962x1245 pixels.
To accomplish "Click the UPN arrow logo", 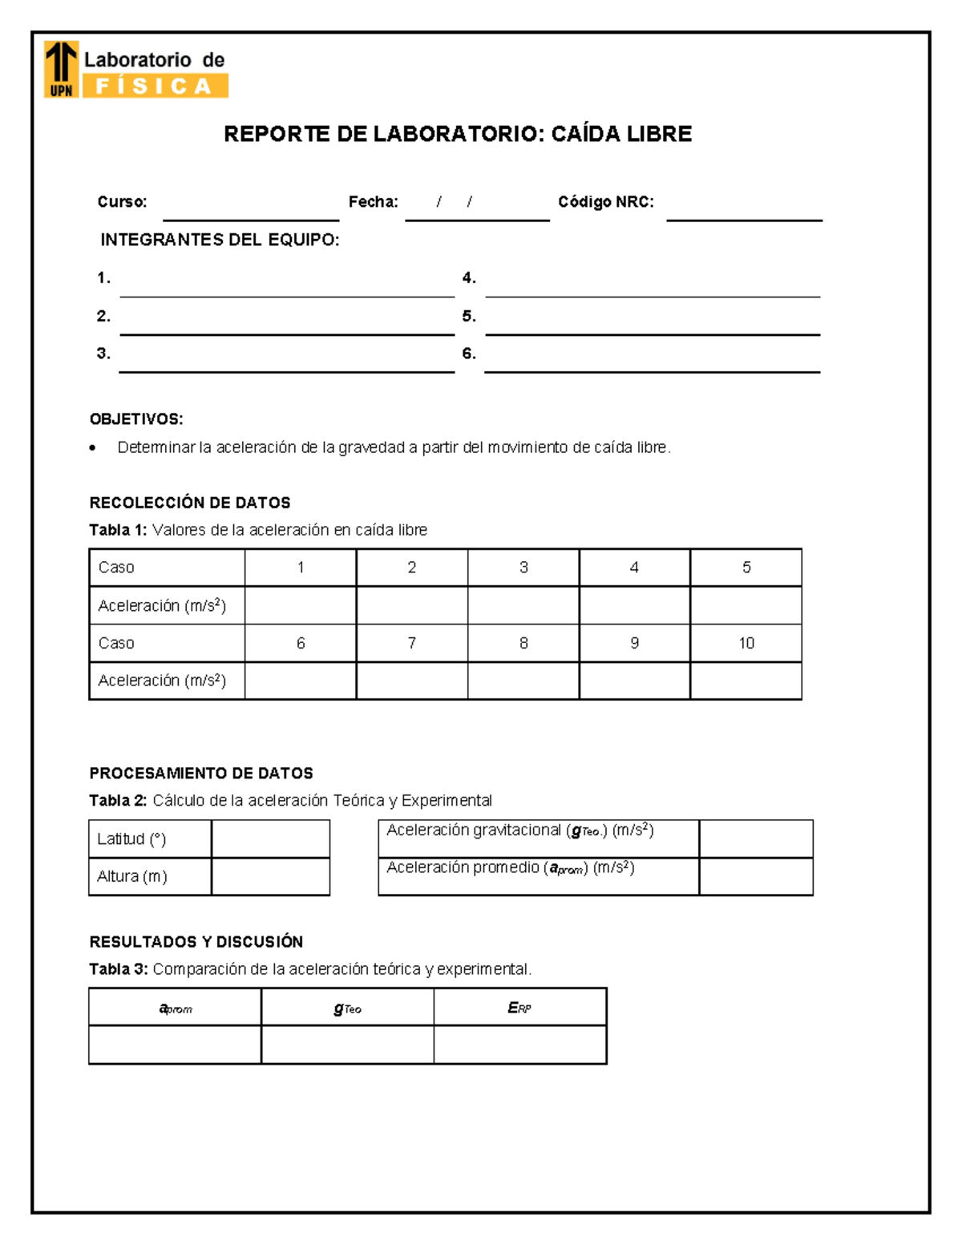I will (x=61, y=69).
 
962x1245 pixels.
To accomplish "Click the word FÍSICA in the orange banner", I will (x=153, y=87).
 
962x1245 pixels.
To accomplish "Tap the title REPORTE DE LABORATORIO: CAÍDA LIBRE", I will (x=457, y=134).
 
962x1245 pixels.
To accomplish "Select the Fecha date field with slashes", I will (x=476, y=205).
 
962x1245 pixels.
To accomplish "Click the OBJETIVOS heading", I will (x=136, y=419).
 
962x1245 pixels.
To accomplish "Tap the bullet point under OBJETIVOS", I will (x=94, y=448).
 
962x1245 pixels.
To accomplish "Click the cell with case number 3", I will (x=523, y=568).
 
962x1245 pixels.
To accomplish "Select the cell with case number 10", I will (x=746, y=643).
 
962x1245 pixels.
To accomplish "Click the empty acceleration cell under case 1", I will (x=301, y=605).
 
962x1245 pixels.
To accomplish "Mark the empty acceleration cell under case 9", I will (x=634, y=681).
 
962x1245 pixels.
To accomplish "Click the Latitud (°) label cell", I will (x=150, y=839).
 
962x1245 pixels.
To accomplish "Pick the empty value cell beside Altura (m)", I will (x=271, y=876).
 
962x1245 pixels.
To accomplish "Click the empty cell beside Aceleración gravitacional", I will (x=755, y=839).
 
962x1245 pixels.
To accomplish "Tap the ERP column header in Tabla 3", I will (x=519, y=1008).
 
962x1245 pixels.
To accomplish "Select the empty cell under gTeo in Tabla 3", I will (x=347, y=1045).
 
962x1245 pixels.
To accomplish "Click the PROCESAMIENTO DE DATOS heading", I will (x=201, y=774).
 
